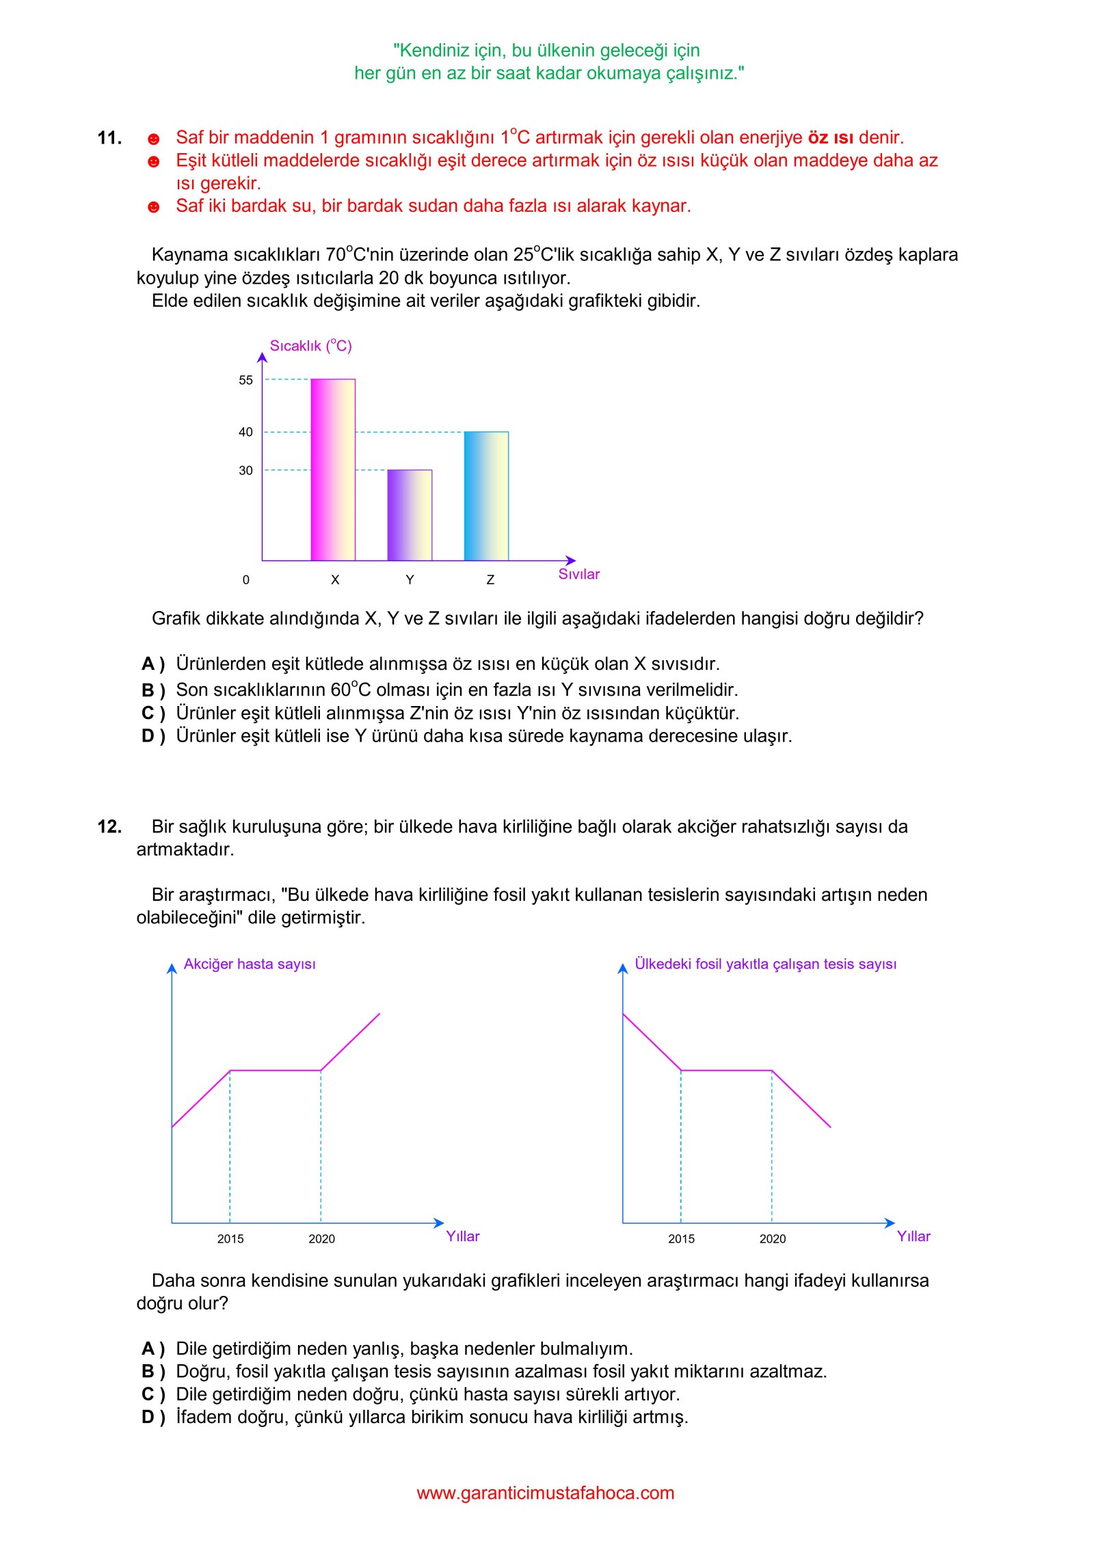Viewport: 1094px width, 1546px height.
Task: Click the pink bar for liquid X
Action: pos(333,470)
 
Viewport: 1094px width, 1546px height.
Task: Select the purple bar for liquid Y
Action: pos(410,515)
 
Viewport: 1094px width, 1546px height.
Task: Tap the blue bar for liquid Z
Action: pos(486,496)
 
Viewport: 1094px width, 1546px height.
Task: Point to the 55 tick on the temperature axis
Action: pos(245,380)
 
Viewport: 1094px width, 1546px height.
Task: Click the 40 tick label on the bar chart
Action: pos(245,432)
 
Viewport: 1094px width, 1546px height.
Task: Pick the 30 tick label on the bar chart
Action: pos(245,470)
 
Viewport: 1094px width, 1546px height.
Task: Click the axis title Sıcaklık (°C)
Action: pos(310,346)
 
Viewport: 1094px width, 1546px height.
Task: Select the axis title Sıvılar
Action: pos(578,574)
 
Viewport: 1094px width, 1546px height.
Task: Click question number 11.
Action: pos(109,138)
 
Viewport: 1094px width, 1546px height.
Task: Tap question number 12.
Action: pos(109,827)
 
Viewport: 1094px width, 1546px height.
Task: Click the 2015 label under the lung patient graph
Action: pos(230,1238)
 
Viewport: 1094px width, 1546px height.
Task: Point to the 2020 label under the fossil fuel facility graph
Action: pos(773,1238)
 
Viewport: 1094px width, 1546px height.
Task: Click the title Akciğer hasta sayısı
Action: pos(250,964)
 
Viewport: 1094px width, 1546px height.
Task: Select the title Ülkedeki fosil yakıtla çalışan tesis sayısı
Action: pos(765,964)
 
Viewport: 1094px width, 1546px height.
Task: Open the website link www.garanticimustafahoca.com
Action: pos(546,1493)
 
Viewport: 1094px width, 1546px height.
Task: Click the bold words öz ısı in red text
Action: pos(830,138)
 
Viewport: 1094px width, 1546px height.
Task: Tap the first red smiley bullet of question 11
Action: pos(154,139)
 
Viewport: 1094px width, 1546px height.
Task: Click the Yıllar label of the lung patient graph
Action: pos(463,1236)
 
